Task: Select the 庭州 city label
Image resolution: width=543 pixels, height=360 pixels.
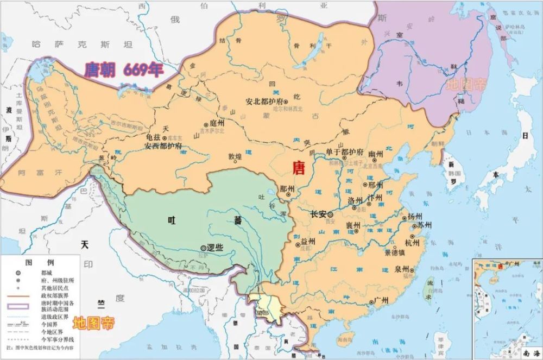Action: point(216,124)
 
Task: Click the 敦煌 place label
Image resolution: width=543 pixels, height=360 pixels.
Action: point(235,157)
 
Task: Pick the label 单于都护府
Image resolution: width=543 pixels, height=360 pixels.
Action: point(344,152)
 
